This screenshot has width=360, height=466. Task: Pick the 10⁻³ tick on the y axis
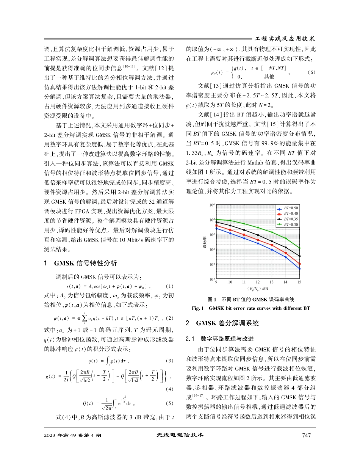[211, 235]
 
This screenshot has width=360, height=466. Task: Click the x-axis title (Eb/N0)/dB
[258, 289]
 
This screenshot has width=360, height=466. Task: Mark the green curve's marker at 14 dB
[285, 238]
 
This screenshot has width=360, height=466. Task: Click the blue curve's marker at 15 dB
[299, 269]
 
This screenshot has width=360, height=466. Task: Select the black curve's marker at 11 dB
[244, 230]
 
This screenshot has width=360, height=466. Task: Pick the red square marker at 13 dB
[272, 245]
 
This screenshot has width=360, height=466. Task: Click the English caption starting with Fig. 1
[257, 309]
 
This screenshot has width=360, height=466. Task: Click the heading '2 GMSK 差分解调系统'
[223, 323]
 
